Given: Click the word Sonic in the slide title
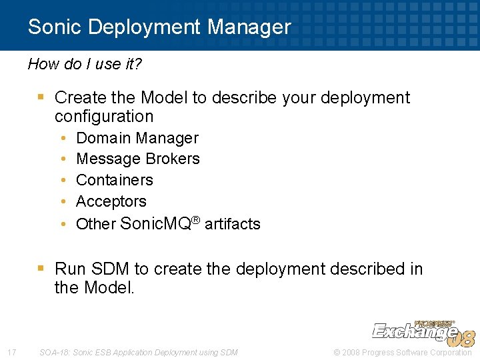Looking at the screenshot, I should (x=55, y=27).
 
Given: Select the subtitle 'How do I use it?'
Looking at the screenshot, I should (x=85, y=64).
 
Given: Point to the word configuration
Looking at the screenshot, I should (x=104, y=116).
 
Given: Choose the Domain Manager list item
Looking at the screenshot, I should (x=137, y=138).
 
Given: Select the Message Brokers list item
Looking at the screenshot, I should (x=138, y=159).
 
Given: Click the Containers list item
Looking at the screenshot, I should (x=115, y=180).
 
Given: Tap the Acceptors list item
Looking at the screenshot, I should (x=111, y=201).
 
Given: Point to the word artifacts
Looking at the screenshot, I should (x=233, y=224).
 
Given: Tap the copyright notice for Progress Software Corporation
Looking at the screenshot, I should (x=403, y=352).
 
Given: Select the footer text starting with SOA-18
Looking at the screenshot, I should (x=139, y=352).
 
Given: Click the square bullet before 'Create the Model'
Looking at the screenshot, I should (x=41, y=97).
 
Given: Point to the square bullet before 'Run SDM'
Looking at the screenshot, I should (x=41, y=269).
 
